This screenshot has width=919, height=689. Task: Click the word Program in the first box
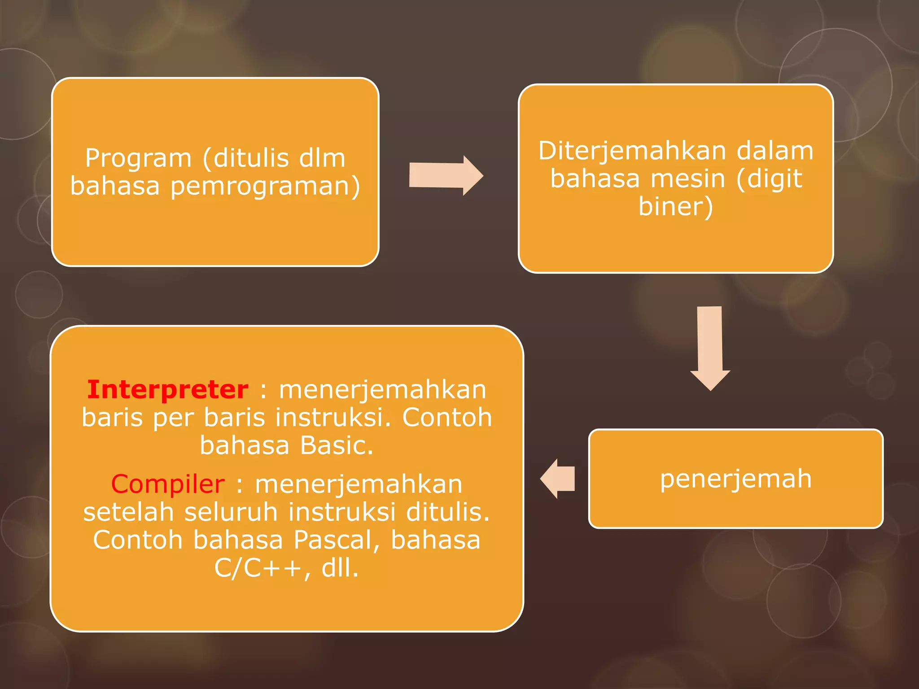coord(138,159)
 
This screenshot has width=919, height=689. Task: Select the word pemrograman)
coord(265,187)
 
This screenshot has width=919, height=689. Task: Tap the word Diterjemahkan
coord(631,151)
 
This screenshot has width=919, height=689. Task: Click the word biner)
coord(675,207)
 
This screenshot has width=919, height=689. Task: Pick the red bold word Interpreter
coord(167,389)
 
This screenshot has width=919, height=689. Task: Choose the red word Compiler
coord(167,484)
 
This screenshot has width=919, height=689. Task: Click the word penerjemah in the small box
coord(735,479)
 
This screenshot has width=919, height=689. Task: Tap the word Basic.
coord(337,446)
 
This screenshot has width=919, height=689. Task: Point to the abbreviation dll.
coord(340,568)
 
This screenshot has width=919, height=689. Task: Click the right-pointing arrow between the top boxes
coord(446,175)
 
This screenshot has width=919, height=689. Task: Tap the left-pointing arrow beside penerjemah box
coord(558,479)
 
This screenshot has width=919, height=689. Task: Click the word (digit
coord(769,179)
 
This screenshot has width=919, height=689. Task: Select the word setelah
coord(128,512)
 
